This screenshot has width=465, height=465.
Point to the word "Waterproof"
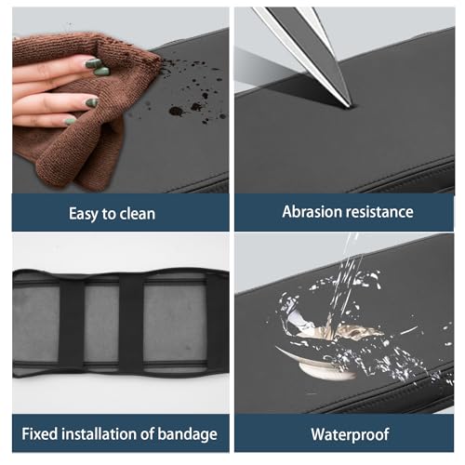(x=350, y=434)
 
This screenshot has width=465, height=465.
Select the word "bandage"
(x=187, y=434)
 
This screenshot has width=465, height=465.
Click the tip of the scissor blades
(x=352, y=106)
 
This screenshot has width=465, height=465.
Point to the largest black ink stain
(x=177, y=111)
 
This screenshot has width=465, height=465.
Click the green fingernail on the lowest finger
(x=70, y=121)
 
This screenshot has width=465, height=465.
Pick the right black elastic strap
(x=131, y=322)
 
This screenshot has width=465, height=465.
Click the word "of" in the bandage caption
(x=147, y=433)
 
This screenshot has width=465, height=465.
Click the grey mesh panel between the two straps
(x=101, y=323)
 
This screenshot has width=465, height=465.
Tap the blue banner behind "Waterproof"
(x=344, y=433)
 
